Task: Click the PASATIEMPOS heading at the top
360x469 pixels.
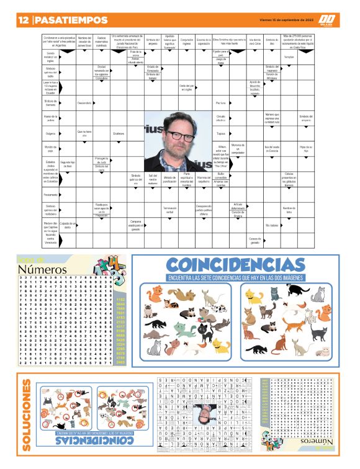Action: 69,20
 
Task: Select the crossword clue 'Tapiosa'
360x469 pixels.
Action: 221,133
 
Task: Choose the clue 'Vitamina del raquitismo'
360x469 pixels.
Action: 204,179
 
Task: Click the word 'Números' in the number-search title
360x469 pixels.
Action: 42,269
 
